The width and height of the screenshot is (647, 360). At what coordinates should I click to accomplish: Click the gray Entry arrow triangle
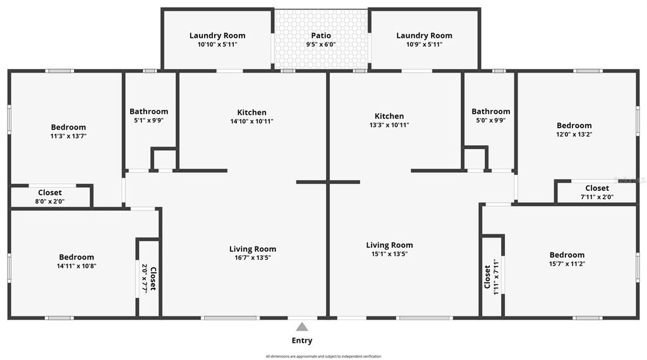[x=302, y=327]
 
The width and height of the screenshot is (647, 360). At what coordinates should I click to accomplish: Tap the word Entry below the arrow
[x=302, y=340]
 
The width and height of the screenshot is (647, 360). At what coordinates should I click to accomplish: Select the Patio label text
[x=321, y=35]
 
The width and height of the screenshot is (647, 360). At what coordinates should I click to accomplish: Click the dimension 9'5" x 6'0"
[x=321, y=44]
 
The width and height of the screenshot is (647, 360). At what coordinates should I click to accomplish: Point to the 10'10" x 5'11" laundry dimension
[x=217, y=44]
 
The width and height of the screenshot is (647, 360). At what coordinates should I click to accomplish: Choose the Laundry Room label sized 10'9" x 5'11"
[x=424, y=35]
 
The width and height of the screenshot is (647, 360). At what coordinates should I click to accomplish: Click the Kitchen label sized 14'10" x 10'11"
[x=251, y=112]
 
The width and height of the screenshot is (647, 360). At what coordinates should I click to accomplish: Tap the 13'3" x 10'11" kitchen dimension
[x=389, y=125]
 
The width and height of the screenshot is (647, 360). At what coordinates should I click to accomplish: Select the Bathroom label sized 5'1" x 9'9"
[x=149, y=111]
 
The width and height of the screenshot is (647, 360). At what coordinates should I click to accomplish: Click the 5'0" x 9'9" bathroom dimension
[x=490, y=120]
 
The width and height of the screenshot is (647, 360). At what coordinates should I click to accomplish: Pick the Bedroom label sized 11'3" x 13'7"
[x=68, y=127]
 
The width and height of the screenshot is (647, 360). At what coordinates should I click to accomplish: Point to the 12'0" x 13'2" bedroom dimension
[x=574, y=134]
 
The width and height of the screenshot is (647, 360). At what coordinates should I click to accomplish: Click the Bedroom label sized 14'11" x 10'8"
[x=76, y=257]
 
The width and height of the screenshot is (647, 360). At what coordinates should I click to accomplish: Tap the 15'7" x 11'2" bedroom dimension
[x=567, y=264]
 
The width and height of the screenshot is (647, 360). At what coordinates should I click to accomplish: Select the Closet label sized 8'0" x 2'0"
[x=50, y=193]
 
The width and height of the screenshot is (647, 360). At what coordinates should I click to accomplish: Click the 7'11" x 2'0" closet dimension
[x=596, y=197]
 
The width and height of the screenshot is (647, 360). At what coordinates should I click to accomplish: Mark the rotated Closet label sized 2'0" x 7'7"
[x=153, y=278]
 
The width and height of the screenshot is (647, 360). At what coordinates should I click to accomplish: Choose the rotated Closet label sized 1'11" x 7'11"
[x=487, y=277]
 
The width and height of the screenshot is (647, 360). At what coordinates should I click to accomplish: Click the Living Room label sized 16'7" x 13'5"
[x=253, y=249]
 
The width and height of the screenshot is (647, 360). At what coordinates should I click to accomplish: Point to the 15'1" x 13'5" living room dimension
[x=389, y=254]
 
